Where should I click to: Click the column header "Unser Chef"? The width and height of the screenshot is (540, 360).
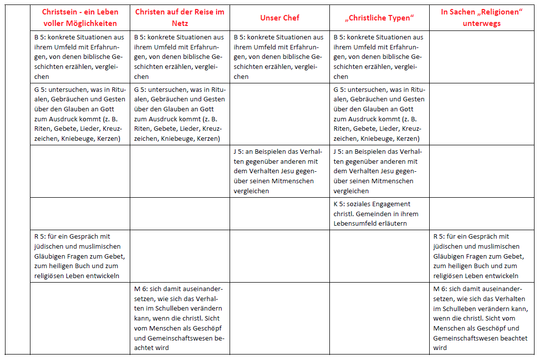[x=279, y=18]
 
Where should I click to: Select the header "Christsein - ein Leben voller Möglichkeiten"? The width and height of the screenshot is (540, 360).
[x=80, y=18]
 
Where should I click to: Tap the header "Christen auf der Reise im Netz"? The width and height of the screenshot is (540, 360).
[x=180, y=18]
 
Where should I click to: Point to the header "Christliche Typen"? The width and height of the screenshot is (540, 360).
[x=379, y=18]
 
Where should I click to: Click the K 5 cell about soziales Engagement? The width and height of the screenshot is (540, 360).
[x=379, y=214]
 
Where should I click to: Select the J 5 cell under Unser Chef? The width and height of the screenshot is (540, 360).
[x=279, y=171]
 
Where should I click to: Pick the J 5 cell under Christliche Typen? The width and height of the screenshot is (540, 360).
[x=379, y=171]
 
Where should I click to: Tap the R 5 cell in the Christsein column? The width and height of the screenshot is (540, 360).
[x=80, y=256]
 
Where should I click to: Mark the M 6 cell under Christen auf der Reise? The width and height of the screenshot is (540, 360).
[x=180, y=318]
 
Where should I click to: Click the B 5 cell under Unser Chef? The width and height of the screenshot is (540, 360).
[x=279, y=57]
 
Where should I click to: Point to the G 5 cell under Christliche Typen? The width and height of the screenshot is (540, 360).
[x=379, y=114]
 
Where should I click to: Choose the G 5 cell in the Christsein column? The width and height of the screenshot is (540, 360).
[x=80, y=114]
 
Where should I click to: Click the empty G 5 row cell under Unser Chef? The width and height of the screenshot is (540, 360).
[x=279, y=114]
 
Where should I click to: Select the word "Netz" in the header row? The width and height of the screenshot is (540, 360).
[x=180, y=23]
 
